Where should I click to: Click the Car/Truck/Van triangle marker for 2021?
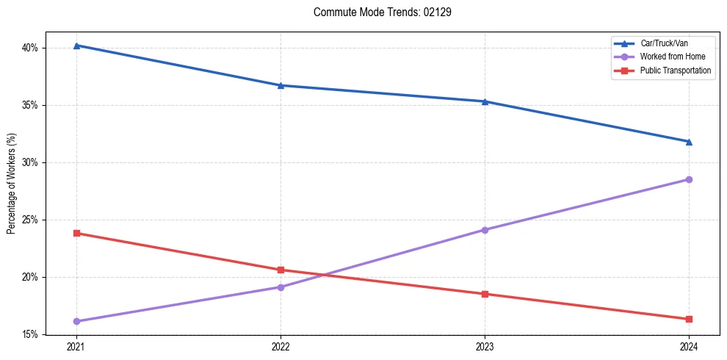pyautogui.click(x=76, y=46)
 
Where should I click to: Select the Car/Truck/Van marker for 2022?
pyautogui.click(x=281, y=85)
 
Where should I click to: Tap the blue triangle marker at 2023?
pyautogui.click(x=485, y=101)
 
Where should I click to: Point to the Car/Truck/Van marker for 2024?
pyautogui.click(x=689, y=142)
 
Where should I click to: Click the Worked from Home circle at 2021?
pyautogui.click(x=76, y=321)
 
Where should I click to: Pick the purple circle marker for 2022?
pyautogui.click(x=281, y=287)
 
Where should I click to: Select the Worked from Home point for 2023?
pyautogui.click(x=485, y=230)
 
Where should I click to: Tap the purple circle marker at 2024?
pyautogui.click(x=689, y=179)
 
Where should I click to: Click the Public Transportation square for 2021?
pyautogui.click(x=76, y=234)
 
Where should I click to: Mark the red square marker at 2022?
pyautogui.click(x=281, y=270)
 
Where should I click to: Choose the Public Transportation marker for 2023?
pyautogui.click(x=485, y=294)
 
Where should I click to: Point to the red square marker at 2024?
pyautogui.click(x=689, y=319)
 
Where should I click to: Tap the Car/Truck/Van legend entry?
pyautogui.click(x=663, y=43)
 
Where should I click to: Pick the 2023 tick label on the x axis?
pyautogui.click(x=485, y=346)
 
